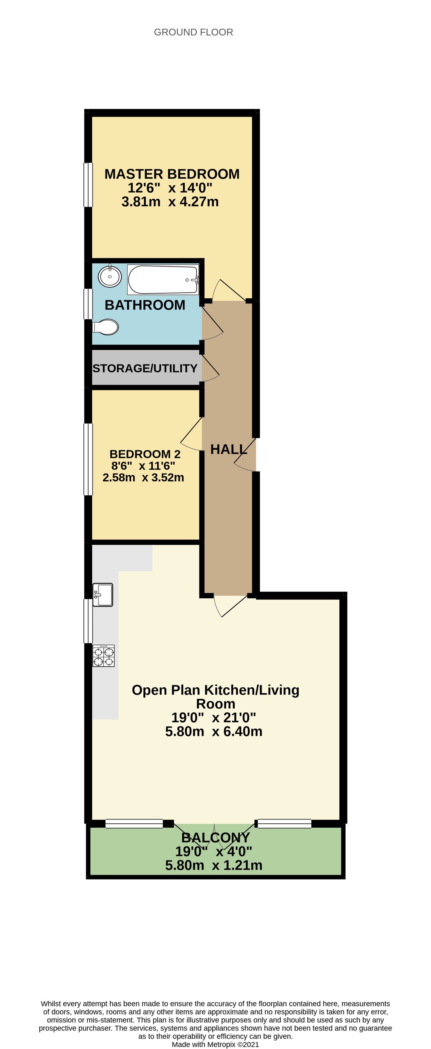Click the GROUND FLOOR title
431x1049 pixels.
tap(194, 32)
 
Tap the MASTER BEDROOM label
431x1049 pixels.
tap(172, 174)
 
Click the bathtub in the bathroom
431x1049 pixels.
tap(163, 279)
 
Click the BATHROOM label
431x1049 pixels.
tap(145, 305)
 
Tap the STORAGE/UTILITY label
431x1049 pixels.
tap(145, 368)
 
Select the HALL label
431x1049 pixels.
tap(228, 449)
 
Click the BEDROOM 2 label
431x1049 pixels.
tap(145, 454)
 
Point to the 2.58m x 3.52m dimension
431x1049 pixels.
tap(143, 477)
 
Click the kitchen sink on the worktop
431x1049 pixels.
tap(103, 595)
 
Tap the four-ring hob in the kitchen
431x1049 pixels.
tap(103, 656)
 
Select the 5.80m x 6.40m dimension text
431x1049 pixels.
tap(214, 731)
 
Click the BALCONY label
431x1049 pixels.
tap(215, 838)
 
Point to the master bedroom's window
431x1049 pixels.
tap(88, 185)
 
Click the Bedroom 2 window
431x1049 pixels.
tap(88, 459)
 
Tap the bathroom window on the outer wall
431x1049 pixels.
tap(88, 304)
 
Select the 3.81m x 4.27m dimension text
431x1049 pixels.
tap(170, 202)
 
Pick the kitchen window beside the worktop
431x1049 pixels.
tap(88, 621)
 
